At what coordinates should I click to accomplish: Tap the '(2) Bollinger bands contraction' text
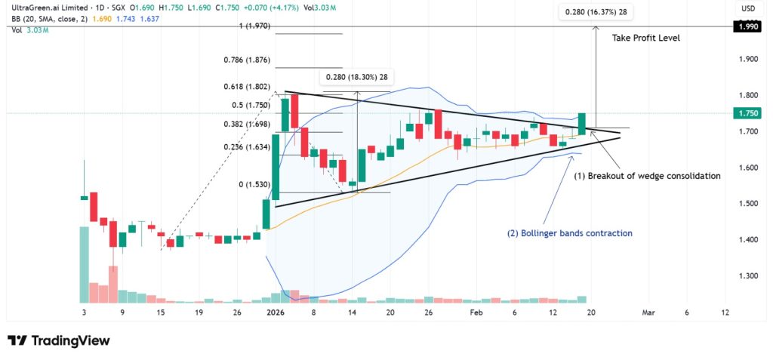[x=570, y=233]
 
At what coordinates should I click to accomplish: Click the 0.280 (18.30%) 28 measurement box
[x=357, y=77]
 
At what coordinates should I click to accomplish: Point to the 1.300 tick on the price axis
[x=750, y=276]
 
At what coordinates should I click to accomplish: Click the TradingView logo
[x=59, y=340]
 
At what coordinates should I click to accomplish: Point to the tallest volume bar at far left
[x=84, y=264]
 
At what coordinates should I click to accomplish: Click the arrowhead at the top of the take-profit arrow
[x=596, y=30]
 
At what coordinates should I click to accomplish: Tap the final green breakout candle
[x=582, y=124]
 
